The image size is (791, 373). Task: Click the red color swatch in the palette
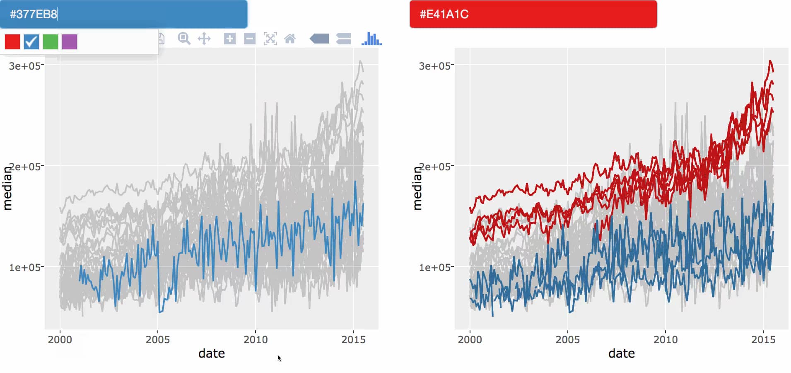(12, 42)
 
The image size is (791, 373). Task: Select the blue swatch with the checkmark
(31, 42)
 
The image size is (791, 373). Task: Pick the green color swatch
(51, 42)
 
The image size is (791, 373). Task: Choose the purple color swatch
(70, 42)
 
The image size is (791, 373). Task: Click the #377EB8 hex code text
(34, 15)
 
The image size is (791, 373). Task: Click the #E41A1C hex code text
(444, 15)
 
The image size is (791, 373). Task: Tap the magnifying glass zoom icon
(184, 39)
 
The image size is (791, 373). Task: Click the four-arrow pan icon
(204, 39)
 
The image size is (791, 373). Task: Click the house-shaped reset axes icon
(290, 39)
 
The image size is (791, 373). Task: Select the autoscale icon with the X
(270, 39)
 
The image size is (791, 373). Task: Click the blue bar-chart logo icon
(371, 39)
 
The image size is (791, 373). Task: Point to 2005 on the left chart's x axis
(157, 339)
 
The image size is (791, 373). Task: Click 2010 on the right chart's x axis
(665, 339)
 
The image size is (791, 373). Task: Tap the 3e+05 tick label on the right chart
(434, 66)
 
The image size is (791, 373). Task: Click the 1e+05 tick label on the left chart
(24, 267)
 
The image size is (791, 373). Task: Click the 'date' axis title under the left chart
(212, 354)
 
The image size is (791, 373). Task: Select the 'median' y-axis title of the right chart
(417, 189)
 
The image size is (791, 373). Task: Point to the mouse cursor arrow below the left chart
(279, 358)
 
